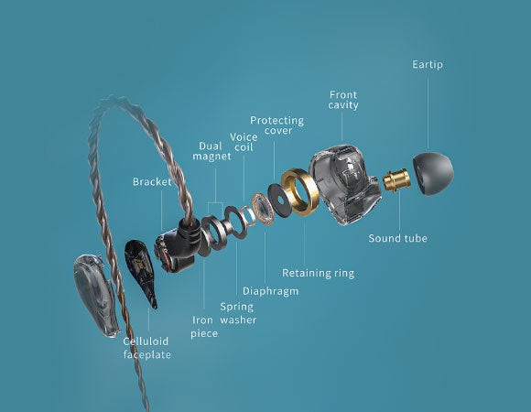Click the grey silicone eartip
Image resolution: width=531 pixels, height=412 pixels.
click(x=433, y=173)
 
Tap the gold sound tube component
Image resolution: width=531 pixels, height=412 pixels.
click(x=396, y=179)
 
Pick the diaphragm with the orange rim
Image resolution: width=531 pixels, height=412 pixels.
click(x=263, y=208)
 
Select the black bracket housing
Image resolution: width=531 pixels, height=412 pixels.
click(x=177, y=245)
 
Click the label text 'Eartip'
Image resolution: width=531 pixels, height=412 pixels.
click(x=428, y=65)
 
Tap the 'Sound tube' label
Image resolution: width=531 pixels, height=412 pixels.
click(x=397, y=238)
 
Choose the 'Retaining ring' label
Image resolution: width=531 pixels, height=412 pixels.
click(x=319, y=273)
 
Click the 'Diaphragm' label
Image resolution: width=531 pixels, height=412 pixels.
click(x=271, y=291)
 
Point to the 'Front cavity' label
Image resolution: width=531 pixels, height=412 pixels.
click(x=343, y=100)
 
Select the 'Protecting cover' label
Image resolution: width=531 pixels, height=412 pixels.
click(x=277, y=125)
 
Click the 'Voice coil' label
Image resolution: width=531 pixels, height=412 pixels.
click(x=244, y=142)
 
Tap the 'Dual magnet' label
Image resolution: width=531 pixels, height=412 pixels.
click(x=211, y=151)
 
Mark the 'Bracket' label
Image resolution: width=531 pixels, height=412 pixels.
click(x=152, y=182)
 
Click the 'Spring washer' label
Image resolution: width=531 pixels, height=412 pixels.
click(x=238, y=313)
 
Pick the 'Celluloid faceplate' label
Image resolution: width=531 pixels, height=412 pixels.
click(x=146, y=348)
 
